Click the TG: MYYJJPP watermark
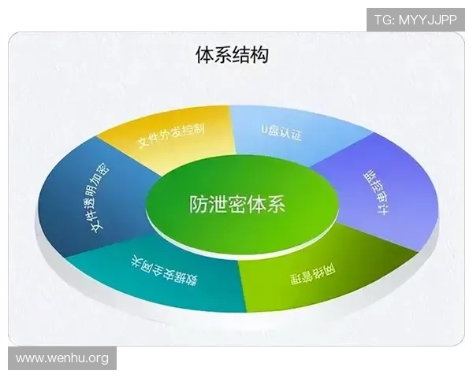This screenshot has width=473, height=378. click(415, 19)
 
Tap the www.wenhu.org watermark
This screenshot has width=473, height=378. click(62, 359)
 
